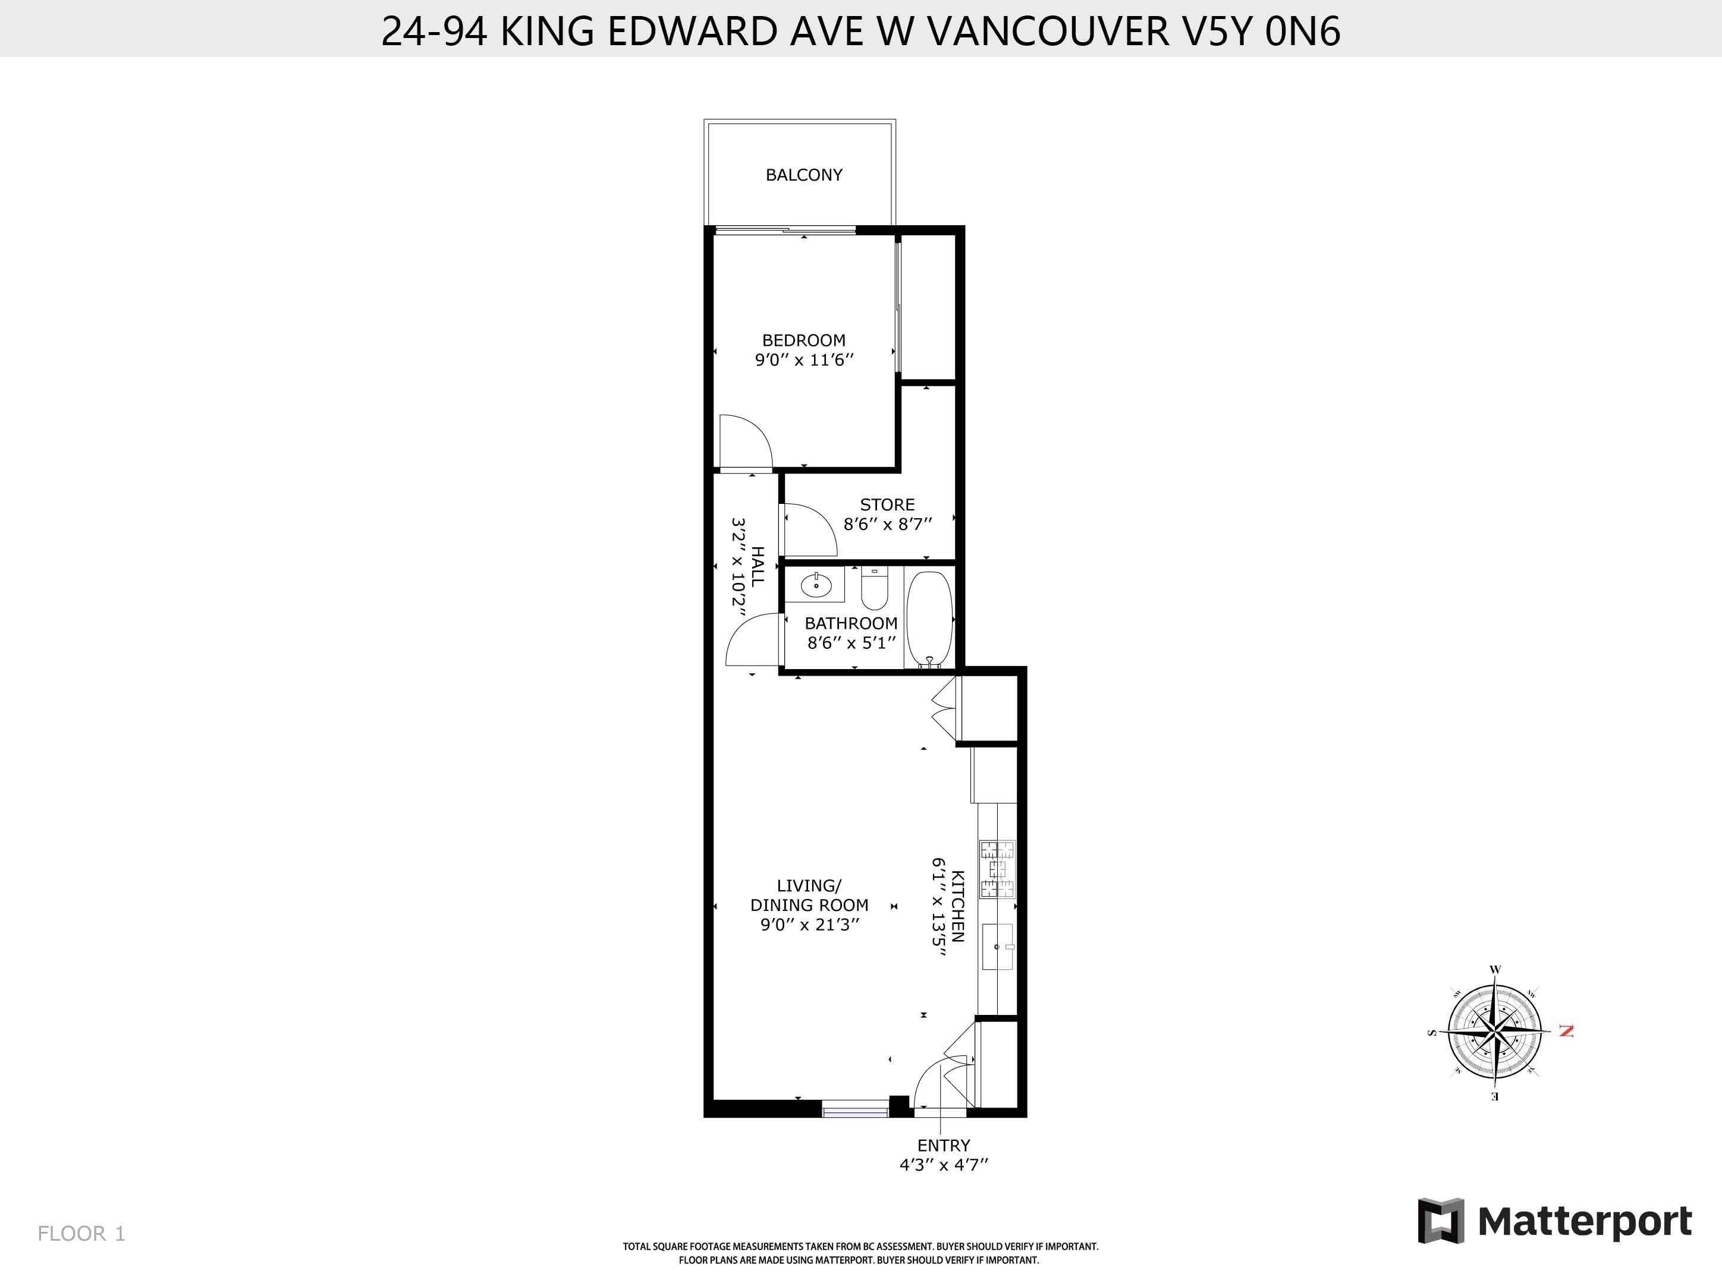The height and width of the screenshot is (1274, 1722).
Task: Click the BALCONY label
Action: coord(803,175)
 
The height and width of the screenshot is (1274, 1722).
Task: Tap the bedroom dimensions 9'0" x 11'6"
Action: coord(804,360)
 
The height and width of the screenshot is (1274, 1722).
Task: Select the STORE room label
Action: coord(887,504)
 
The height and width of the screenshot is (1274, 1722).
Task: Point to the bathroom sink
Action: coord(815,585)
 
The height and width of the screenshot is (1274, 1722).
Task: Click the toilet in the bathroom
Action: coord(874,590)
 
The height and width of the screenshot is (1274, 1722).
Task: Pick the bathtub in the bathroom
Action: coord(929,619)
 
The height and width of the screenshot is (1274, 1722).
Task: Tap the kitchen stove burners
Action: coord(997,869)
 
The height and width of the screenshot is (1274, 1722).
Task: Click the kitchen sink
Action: coord(998,946)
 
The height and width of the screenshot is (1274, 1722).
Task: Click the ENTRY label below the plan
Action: coord(943,1145)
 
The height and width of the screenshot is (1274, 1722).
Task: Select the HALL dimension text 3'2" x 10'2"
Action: coord(739,567)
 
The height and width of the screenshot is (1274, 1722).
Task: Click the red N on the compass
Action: coord(1566,1031)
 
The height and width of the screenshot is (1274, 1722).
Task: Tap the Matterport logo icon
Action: coord(1440,1221)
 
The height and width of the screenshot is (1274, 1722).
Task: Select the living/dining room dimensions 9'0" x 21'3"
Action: coord(809,925)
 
